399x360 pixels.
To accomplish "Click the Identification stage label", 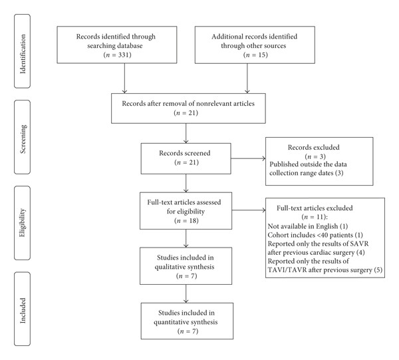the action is click(23, 54).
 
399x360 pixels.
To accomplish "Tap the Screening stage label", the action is click(23, 139).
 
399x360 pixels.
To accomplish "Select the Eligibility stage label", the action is click(23, 223).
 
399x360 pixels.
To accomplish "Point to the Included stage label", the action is click(23, 311).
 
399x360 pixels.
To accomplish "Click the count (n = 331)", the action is click(117, 55).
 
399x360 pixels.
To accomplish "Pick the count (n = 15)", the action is click(255, 55).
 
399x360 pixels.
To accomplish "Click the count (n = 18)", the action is click(186, 220).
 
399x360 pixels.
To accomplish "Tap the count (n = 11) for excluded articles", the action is click(315, 217).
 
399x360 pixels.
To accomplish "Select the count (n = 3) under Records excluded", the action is click(315, 156).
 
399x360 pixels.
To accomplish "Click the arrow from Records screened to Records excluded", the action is click(248, 158).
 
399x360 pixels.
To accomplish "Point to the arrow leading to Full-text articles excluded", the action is click(249, 210).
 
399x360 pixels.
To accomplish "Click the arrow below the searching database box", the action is click(125, 78).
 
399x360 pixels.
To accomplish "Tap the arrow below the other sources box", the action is click(247, 78).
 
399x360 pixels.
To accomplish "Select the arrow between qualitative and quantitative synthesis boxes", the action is click(186, 293).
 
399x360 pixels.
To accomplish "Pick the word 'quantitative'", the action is click(170, 322).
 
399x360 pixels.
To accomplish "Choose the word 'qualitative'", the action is click(168, 267).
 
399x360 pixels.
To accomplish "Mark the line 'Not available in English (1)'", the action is click(308, 226).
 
